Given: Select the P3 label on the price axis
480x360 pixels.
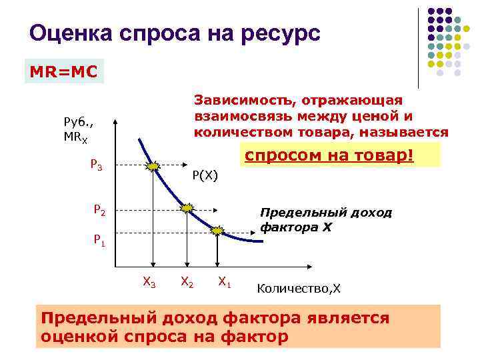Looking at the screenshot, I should [x=96, y=166].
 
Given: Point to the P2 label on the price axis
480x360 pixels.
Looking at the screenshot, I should [x=99, y=211].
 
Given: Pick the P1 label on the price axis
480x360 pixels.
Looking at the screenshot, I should [x=99, y=239].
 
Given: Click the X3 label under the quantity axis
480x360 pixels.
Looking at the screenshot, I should [x=149, y=283].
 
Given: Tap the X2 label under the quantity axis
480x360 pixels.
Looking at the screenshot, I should [x=187, y=283].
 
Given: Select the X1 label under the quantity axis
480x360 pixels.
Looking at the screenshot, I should [x=225, y=283].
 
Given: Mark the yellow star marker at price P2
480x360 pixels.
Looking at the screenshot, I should [x=187, y=208].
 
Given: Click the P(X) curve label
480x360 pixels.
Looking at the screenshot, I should [x=205, y=175].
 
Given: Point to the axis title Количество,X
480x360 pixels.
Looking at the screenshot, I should [x=298, y=288].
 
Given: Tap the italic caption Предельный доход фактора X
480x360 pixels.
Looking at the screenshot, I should [x=325, y=220].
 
